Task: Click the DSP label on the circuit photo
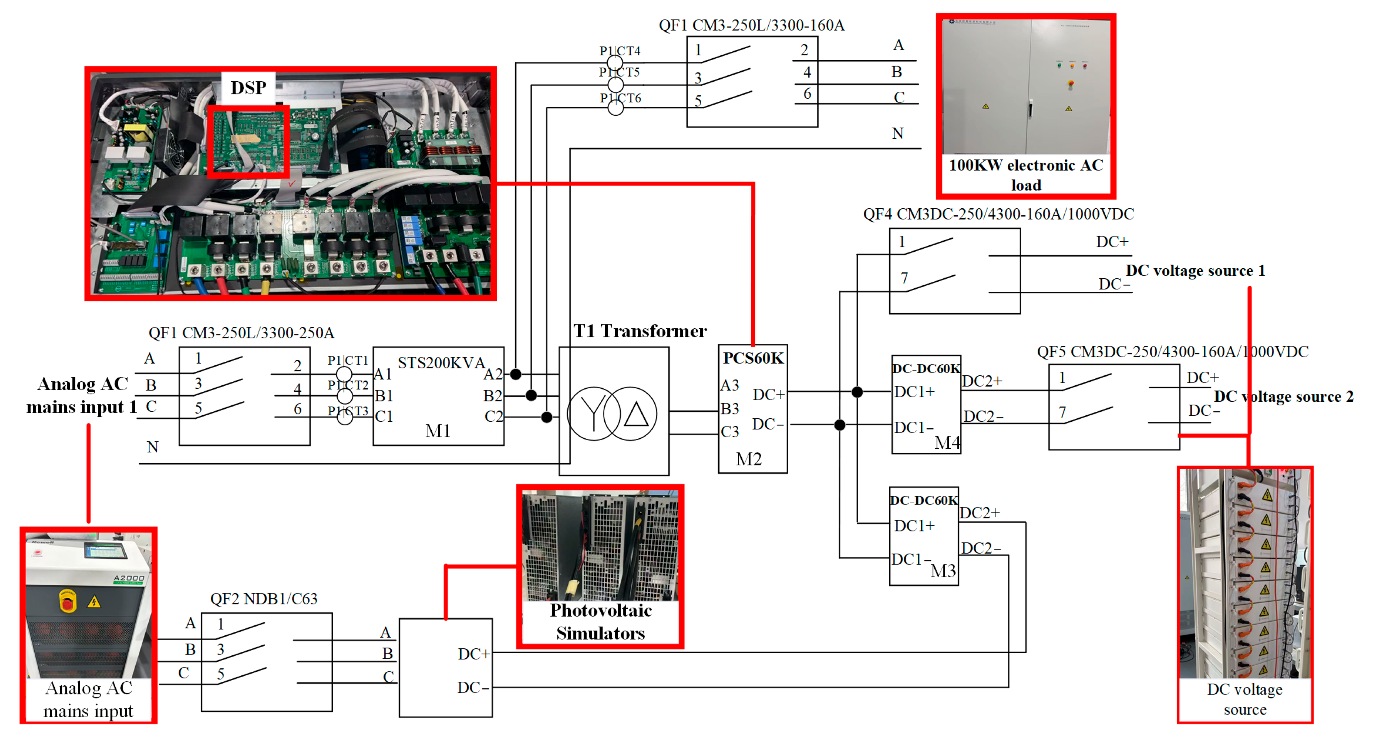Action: point(248,87)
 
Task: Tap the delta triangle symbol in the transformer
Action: point(636,414)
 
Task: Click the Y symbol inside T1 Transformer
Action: point(593,414)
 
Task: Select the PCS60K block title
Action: point(753,358)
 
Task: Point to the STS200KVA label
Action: point(441,363)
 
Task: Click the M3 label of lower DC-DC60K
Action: point(943,571)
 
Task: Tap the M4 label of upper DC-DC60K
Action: point(947,442)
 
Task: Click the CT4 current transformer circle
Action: point(615,63)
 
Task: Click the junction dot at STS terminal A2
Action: point(515,374)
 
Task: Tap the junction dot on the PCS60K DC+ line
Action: point(857,392)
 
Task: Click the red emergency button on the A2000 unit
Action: point(67,603)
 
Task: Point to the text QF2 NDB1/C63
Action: point(264,599)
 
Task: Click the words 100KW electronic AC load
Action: point(1026,175)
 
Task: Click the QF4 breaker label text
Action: point(998,214)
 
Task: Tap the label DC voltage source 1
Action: point(1195,271)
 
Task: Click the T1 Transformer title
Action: point(640,331)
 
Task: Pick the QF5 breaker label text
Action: point(1172,352)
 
